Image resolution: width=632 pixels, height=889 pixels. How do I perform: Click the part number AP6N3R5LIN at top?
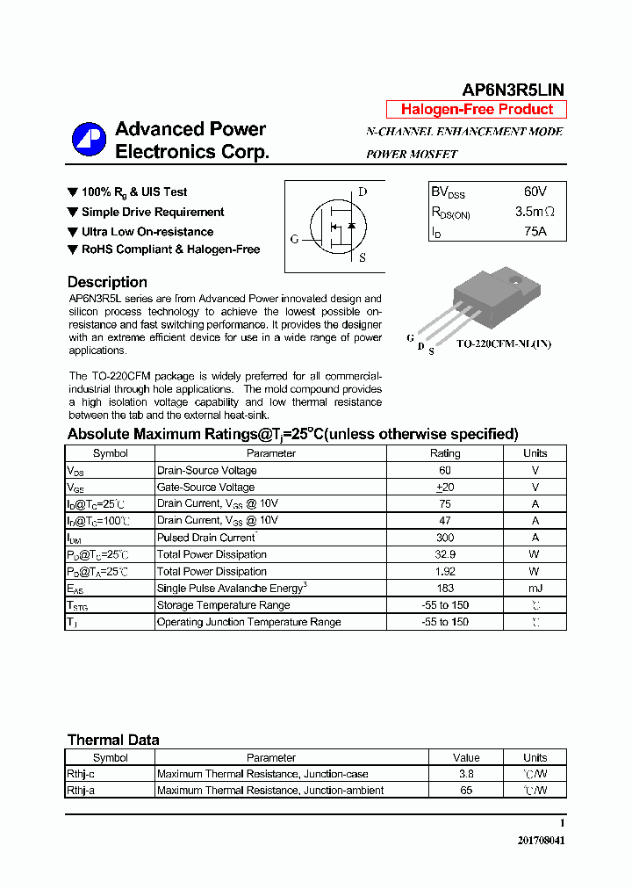tap(513, 90)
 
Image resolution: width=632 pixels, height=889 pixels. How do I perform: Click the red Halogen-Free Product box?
tap(477, 110)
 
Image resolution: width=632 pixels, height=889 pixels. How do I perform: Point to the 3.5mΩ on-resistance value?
tap(535, 212)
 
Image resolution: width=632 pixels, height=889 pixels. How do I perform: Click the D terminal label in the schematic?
tap(363, 192)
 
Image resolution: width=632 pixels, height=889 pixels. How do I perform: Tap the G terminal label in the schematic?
tap(295, 239)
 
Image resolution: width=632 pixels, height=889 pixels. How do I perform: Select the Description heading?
tap(107, 282)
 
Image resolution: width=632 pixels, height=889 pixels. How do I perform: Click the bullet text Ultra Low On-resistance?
tap(147, 232)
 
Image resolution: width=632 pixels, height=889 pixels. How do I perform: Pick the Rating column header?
tap(444, 453)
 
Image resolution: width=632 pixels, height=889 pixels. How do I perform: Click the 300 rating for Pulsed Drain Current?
tap(444, 538)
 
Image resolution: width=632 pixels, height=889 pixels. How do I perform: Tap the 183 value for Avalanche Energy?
tap(444, 588)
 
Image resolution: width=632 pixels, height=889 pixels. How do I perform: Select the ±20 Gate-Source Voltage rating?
tap(444, 488)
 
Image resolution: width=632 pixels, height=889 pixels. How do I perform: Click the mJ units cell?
tap(535, 588)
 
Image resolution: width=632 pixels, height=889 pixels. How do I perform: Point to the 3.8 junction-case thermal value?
tap(466, 774)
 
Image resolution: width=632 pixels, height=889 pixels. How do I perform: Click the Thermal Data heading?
tap(113, 740)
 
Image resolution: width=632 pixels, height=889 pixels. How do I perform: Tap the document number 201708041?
tap(541, 841)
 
